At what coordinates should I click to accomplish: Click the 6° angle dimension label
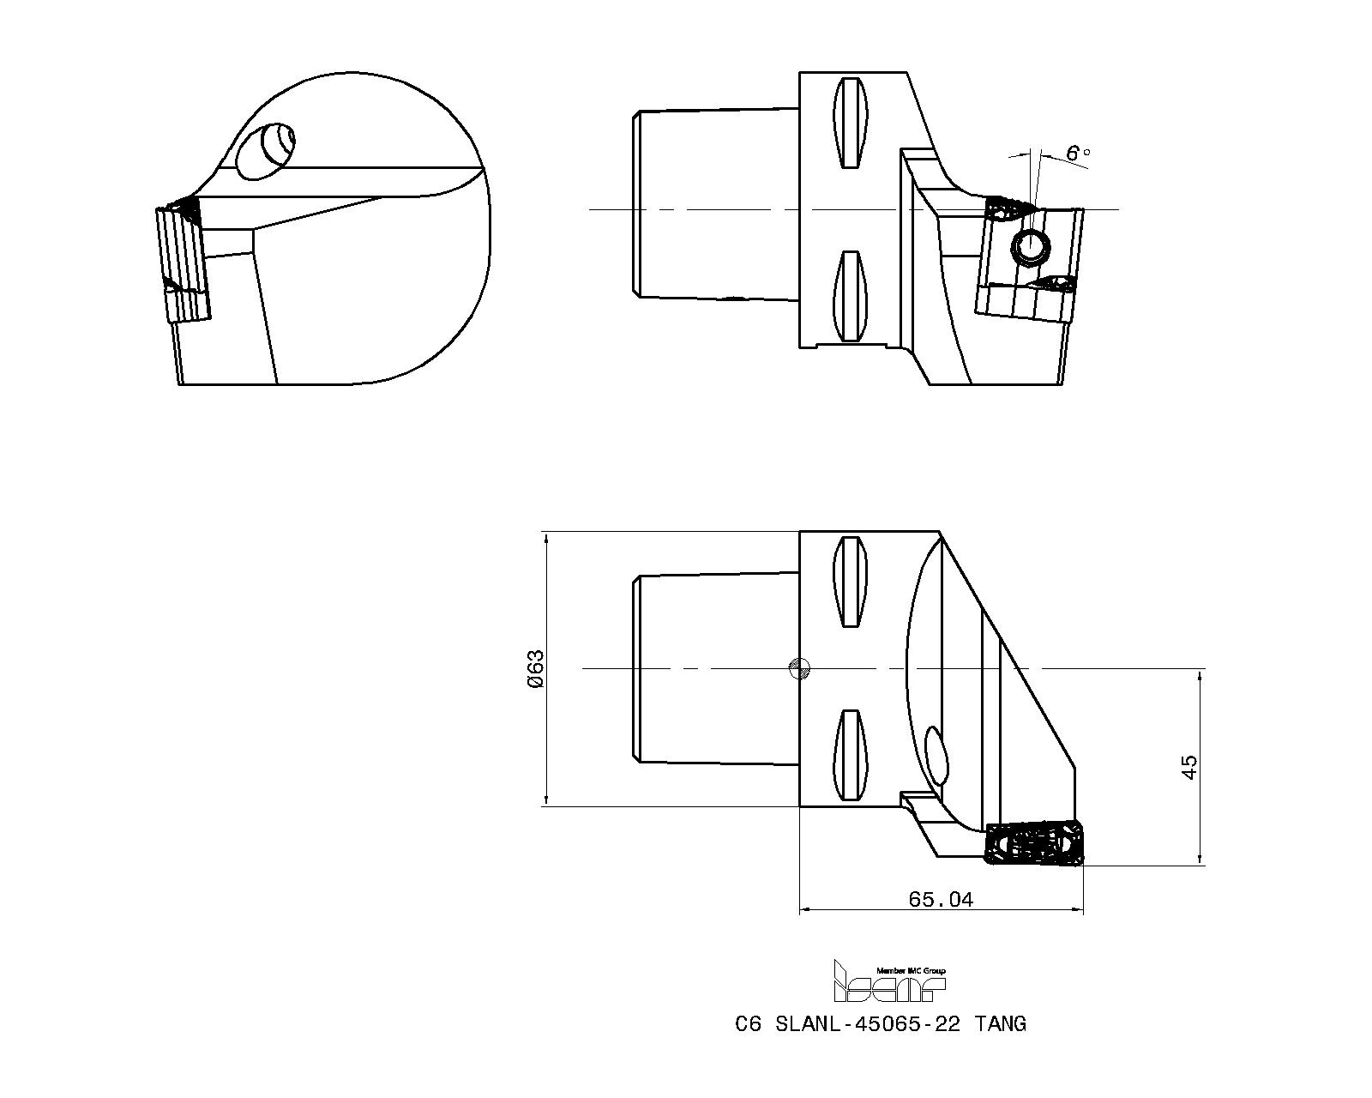1077,154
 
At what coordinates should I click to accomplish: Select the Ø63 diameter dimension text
535,668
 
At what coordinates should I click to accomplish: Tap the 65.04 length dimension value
941,899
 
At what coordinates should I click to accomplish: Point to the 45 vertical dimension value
1189,767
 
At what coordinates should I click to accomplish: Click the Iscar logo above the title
889,981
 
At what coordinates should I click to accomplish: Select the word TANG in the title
999,1023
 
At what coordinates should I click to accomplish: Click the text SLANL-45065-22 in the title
867,1023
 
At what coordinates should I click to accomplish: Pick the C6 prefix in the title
748,1023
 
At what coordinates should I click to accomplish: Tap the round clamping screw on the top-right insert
1030,247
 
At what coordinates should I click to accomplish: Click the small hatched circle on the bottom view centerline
798,667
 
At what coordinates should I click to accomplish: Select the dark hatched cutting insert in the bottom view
1034,844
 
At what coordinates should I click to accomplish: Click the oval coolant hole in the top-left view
265,152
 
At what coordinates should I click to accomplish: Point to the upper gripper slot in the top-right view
851,123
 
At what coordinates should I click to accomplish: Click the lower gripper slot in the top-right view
851,296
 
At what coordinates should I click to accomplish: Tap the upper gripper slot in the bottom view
851,582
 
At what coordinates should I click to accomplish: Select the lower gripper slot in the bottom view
851,754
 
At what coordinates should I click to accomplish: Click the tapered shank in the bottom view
716,667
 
